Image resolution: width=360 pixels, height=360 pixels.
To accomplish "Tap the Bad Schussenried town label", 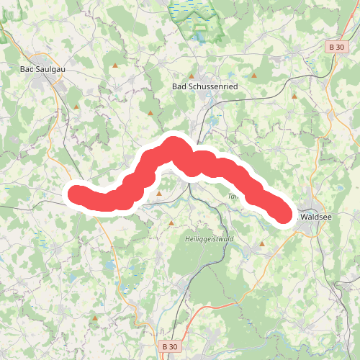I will coord(204,86).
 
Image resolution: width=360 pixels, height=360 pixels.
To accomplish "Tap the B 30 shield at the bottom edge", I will coord(170,347).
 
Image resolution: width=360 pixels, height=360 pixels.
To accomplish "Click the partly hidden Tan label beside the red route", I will coord(233,196).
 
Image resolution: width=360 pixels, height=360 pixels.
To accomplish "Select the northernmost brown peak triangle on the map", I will coord(114,66).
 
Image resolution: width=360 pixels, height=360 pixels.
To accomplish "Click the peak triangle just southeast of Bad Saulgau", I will coord(76,107).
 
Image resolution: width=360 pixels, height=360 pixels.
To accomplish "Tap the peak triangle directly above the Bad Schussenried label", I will coord(192,75).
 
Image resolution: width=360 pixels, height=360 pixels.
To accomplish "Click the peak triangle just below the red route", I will coord(159,193).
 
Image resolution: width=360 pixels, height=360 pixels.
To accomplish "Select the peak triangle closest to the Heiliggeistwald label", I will coord(171,223).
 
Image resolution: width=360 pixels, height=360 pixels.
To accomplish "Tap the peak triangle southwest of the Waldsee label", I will coord(262,244).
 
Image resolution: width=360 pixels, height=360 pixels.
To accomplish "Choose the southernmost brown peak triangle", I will coord(94,317).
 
